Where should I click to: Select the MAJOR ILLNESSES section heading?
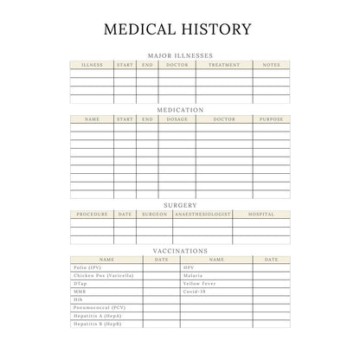tap(180, 55)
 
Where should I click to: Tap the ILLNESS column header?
tap(91, 65)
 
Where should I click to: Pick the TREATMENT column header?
tap(224, 65)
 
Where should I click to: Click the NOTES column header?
tap(271, 65)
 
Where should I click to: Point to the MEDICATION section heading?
tap(180, 110)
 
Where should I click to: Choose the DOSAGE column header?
tap(177, 119)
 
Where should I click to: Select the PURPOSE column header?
tap(271, 119)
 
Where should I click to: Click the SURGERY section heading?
tap(180, 205)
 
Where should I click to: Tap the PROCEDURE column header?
tap(92, 214)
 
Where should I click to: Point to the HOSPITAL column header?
tap(260, 214)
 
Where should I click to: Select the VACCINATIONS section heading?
tap(180, 251)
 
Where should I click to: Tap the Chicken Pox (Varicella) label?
tap(103, 275)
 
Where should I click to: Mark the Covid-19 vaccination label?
tap(194, 292)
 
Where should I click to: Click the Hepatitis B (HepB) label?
tap(97, 324)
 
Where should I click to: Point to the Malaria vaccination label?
tap(192, 275)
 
